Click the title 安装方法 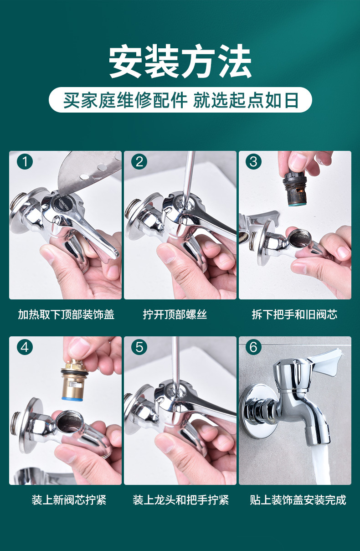180,61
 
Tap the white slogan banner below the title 180,100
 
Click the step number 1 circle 25,162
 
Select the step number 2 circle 139,162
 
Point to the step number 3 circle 253,162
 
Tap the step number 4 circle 25,347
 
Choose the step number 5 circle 139,347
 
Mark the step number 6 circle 253,347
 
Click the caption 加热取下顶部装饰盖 66,314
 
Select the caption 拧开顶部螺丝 175,314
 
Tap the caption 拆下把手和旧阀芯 294,314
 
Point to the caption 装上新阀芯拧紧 69,500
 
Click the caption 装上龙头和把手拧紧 181,500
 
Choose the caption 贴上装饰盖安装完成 298,500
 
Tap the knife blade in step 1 88,172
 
